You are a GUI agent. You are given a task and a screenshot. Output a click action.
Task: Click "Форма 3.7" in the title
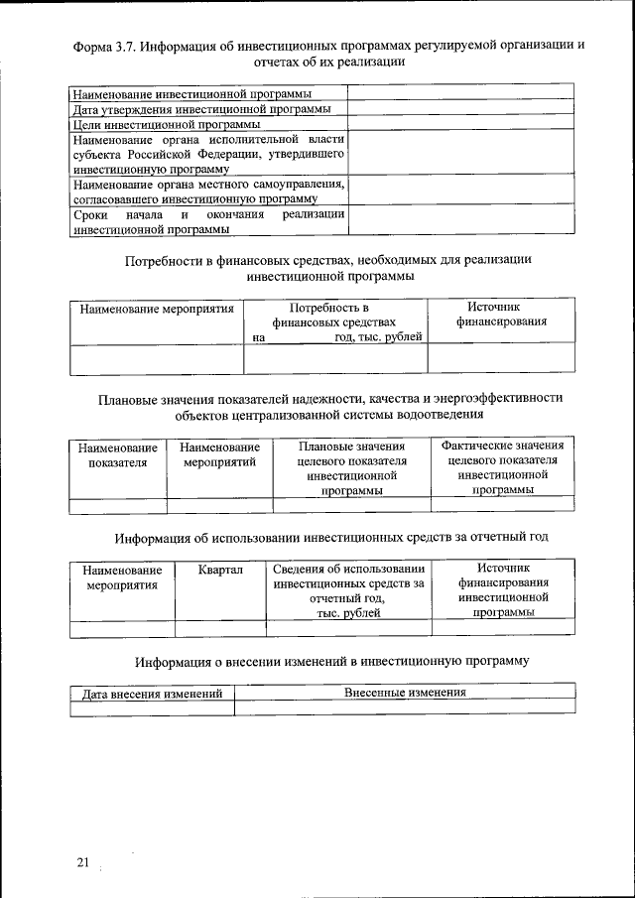(x=104, y=46)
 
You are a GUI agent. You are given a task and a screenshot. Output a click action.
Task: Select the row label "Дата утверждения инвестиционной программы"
(x=202, y=109)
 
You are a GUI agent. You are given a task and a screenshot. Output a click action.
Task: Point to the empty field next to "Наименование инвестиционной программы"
(x=460, y=93)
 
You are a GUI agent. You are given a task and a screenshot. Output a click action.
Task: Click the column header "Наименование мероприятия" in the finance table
(x=157, y=309)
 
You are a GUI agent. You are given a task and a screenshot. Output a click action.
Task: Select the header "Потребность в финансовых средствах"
(x=334, y=315)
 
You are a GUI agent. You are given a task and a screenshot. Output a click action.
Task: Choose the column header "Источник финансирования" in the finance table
(x=500, y=315)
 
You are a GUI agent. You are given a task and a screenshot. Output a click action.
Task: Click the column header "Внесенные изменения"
(x=405, y=692)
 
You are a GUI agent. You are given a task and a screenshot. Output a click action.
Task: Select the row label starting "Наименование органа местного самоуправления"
(x=208, y=192)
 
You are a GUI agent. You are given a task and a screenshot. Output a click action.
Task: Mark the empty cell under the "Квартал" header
(x=220, y=627)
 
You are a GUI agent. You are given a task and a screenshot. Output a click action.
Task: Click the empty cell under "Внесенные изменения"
(x=405, y=707)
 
